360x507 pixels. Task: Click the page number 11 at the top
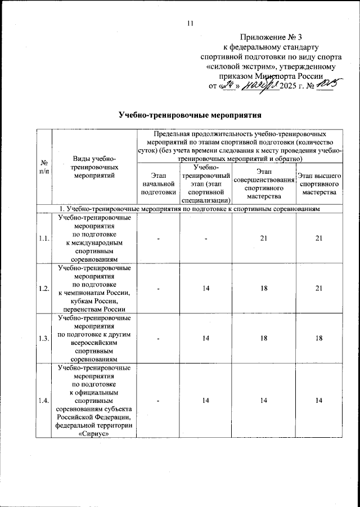190,23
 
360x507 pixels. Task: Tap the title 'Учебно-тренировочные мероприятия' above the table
190,116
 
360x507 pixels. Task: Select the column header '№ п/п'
43,167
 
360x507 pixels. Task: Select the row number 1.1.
43,239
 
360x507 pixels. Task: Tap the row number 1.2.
43,288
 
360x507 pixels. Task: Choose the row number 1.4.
43,401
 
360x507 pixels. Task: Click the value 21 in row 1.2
318,288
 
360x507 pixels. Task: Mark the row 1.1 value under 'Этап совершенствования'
264,239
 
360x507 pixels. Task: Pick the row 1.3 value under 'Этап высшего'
318,337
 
